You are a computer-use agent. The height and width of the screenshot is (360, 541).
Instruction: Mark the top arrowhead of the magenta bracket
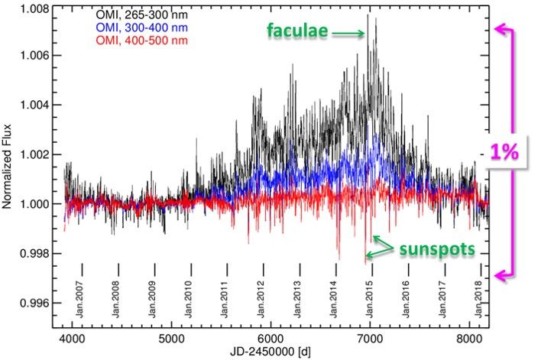(x=499, y=28)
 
